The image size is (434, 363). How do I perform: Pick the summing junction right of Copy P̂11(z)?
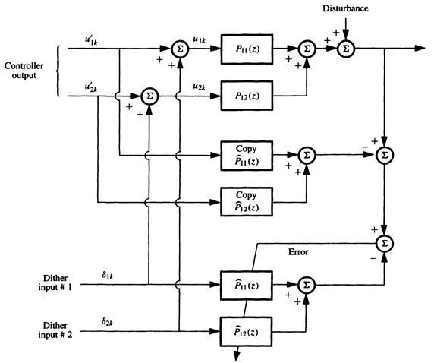[x=307, y=154]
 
